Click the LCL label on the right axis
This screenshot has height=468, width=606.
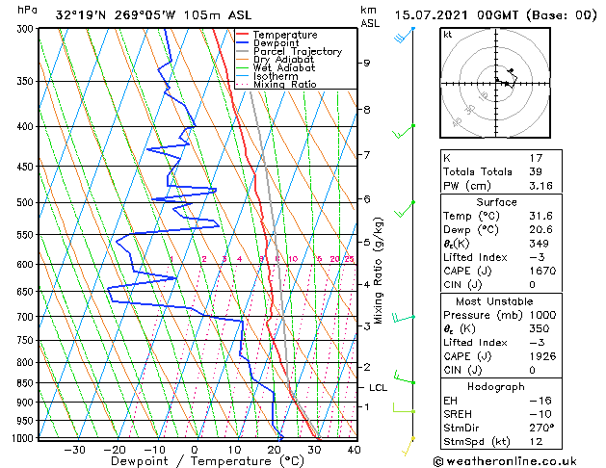[379, 387]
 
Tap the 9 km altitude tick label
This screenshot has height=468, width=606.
[366, 63]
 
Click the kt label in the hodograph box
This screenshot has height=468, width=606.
[447, 34]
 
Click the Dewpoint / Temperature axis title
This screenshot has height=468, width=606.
[194, 461]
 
